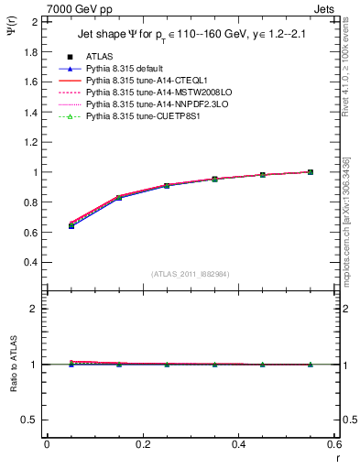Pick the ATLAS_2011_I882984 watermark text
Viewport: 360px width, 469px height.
pyautogui.click(x=190, y=274)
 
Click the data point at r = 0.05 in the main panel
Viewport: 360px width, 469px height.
pyautogui.click(x=71, y=224)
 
